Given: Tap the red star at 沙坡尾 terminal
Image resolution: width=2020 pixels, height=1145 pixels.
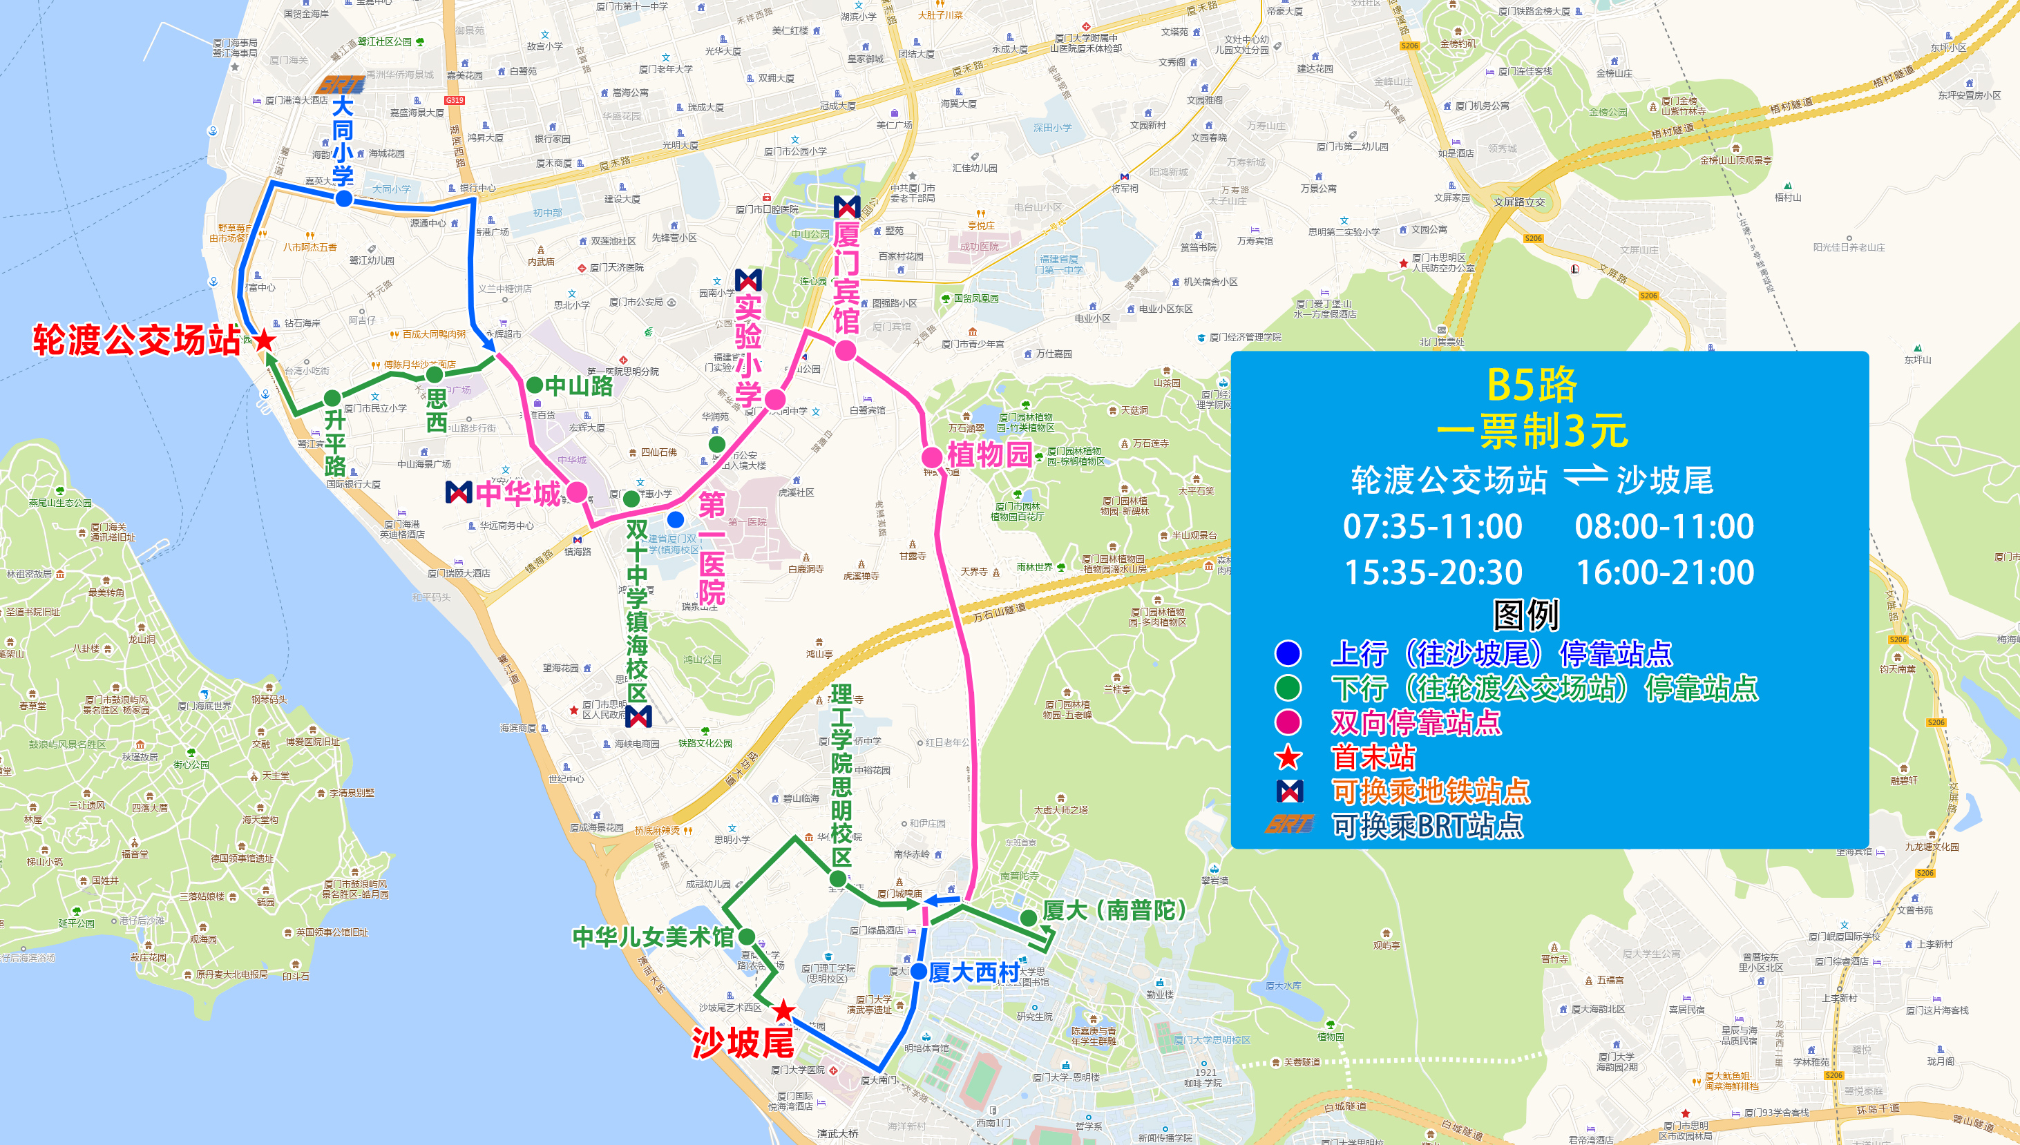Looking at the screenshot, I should [783, 1011].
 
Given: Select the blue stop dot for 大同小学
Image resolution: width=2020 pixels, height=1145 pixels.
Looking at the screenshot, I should [344, 199].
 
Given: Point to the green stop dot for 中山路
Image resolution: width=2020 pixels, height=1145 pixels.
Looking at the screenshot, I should [534, 385].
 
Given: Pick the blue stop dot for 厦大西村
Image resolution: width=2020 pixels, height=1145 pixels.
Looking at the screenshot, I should [918, 971].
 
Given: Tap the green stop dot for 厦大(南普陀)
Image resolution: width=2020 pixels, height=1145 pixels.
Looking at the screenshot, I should [1027, 917].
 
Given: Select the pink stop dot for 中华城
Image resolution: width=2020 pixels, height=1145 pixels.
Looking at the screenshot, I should [578, 492].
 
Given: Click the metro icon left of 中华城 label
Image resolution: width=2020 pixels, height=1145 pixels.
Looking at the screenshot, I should [459, 492].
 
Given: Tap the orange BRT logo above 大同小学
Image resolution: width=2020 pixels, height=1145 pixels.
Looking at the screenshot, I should [340, 84].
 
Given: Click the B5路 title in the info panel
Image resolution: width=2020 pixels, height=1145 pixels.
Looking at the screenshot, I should [1532, 385].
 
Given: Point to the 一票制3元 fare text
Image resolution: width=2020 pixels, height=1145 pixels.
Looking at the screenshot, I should [1532, 431].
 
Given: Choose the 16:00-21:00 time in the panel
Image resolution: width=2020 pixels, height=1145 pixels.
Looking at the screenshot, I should [1664, 572].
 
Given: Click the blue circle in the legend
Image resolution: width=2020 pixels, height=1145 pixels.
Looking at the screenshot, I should [1288, 653].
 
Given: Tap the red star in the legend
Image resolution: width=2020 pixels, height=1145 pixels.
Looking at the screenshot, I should [1288, 758].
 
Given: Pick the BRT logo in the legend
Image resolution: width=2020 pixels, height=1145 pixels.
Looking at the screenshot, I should [1288, 824].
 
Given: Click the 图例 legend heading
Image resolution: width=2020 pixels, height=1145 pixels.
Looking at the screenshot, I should [1525, 615].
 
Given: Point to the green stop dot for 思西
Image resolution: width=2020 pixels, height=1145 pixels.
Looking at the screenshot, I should [435, 374].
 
